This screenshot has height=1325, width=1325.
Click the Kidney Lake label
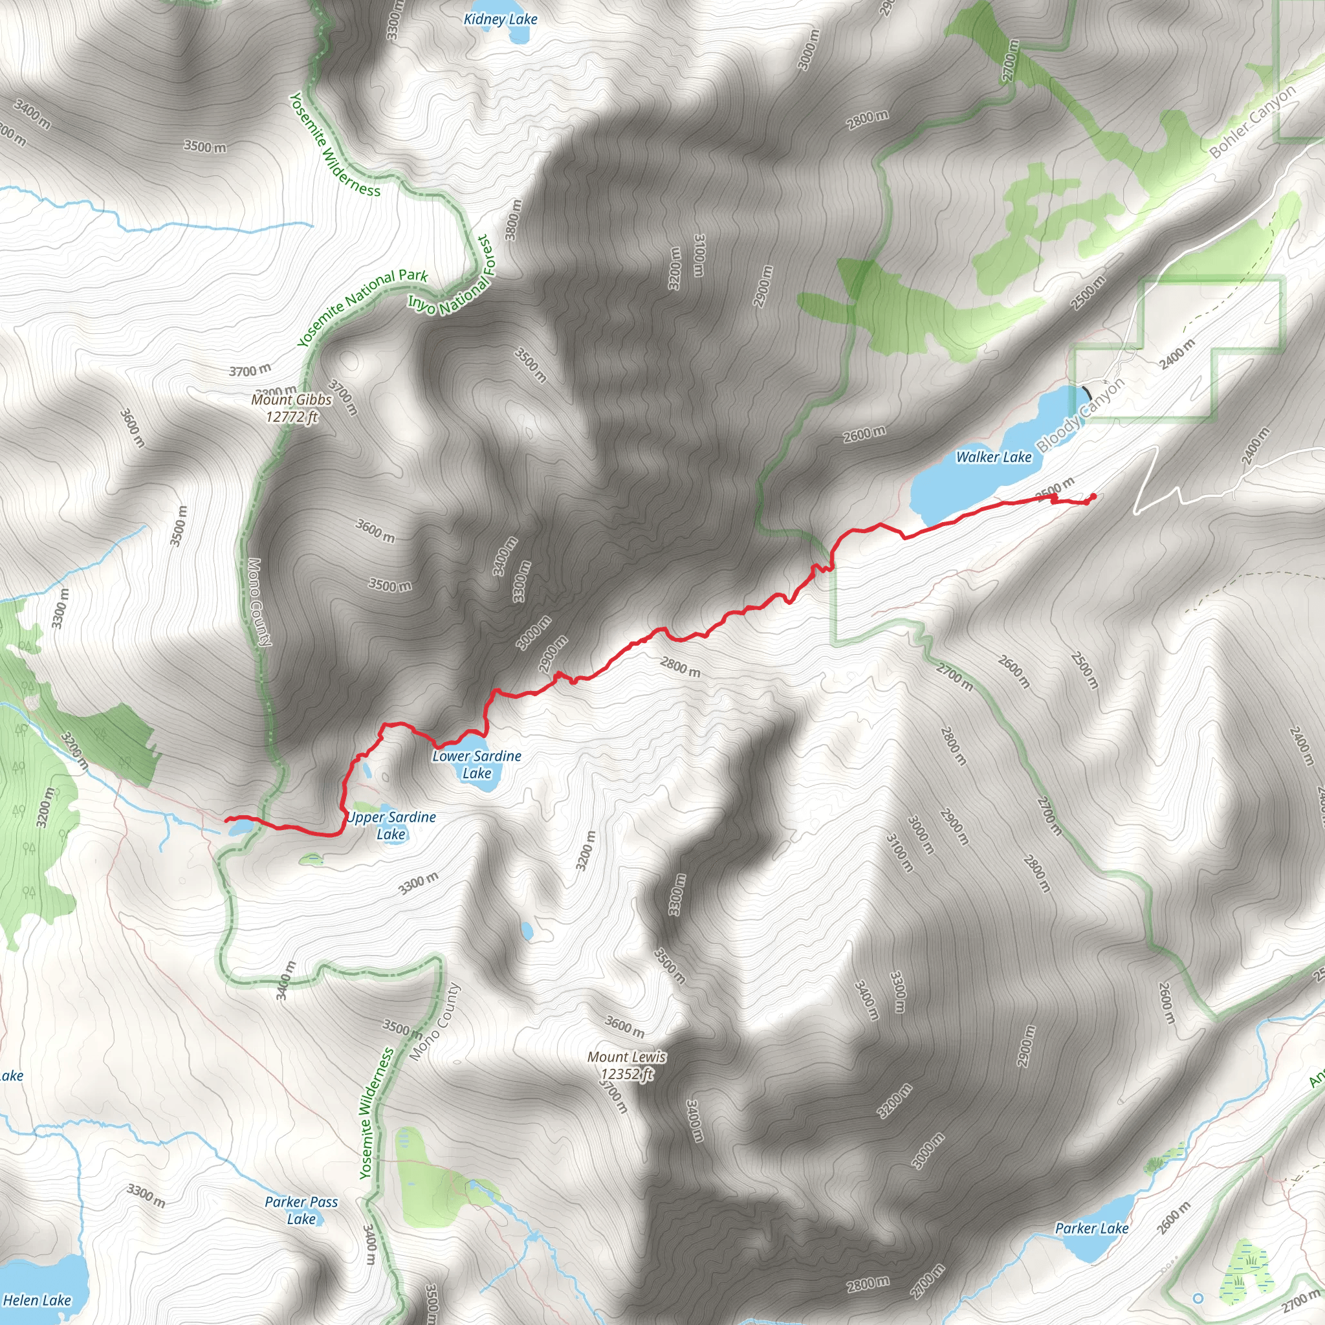coord(500,19)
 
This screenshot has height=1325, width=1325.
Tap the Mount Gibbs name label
coord(292,400)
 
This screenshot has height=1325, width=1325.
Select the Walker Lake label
coord(993,457)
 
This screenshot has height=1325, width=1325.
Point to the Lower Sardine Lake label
coord(477,764)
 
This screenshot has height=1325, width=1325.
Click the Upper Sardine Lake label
coord(391,825)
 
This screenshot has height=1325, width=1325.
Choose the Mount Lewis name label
coord(626,1057)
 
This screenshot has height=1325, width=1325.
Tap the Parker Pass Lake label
coord(301,1210)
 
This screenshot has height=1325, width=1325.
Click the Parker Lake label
coord(1091,1229)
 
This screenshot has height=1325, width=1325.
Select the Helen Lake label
coord(37,1300)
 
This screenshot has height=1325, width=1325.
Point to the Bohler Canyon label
coord(1253,121)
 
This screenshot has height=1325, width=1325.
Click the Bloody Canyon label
coord(1080,415)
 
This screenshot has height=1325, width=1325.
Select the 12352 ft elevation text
coord(626,1074)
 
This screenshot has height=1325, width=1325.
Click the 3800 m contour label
coord(513,220)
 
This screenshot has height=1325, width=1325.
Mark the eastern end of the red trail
coord(1093,495)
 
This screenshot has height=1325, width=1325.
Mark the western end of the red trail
coord(227,819)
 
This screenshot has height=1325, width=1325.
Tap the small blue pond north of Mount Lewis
coord(527,930)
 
